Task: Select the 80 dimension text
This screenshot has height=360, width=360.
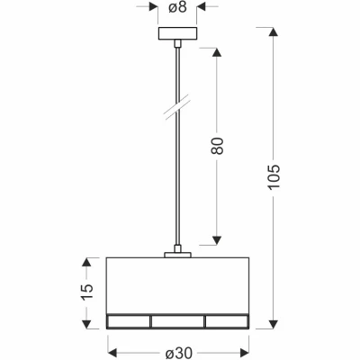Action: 216,146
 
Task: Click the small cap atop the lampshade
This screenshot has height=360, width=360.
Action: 178,255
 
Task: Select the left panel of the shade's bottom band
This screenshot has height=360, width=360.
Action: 128,320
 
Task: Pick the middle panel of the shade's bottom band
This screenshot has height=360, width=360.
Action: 177,320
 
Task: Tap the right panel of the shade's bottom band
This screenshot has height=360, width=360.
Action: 227,320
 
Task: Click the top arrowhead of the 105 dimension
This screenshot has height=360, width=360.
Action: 274,33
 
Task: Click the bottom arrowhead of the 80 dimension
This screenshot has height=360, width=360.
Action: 216,238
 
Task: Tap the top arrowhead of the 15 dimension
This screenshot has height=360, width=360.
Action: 86,263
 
